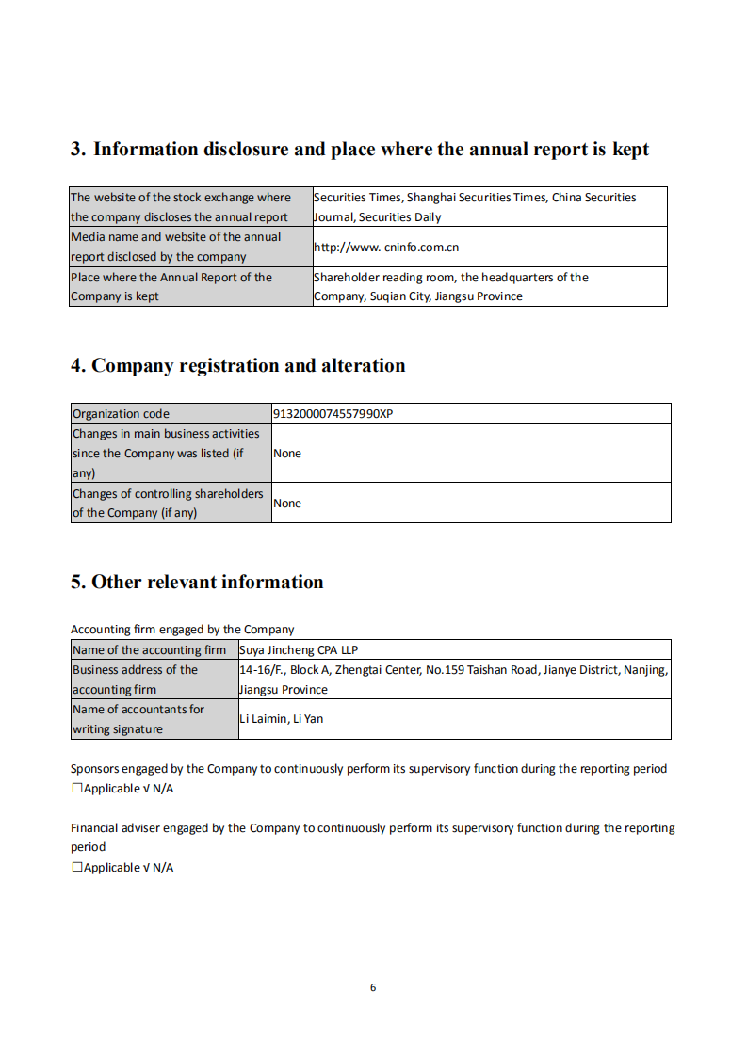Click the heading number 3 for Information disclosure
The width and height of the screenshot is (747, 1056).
coord(77,150)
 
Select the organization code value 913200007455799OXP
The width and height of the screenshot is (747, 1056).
coord(333,413)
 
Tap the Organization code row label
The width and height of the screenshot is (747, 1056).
coord(121,413)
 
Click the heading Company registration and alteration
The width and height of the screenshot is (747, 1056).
coord(248,366)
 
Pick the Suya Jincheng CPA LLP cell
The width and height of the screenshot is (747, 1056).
coord(299,650)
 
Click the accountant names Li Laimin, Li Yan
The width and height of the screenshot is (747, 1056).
coord(281,719)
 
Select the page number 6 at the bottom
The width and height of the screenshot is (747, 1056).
coord(373,987)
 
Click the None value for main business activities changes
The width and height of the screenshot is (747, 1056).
coord(287,454)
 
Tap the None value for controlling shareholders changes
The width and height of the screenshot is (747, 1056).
coord(287,504)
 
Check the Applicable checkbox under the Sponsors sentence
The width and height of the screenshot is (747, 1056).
coord(77,789)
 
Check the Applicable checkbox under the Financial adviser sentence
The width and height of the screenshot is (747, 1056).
coord(77,868)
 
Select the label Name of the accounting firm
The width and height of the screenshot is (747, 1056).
coord(149,650)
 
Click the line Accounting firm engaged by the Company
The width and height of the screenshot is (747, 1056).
coord(182,630)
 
